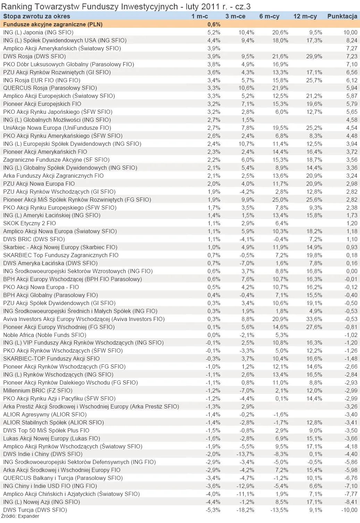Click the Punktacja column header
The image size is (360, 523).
point(342,16)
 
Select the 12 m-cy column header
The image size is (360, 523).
point(305,16)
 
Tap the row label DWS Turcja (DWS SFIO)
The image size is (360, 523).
point(35,510)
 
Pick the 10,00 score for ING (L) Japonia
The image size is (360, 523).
point(350,32)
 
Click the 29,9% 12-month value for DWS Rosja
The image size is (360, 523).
point(315,56)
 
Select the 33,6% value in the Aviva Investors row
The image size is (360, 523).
point(315,319)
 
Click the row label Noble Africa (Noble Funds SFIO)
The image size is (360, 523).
point(44,335)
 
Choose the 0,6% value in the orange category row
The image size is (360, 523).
point(214,24)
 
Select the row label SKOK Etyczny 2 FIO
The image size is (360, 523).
point(30,223)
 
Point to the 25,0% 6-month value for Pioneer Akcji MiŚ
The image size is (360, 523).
point(281,200)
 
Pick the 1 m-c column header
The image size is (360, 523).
point(200,16)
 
